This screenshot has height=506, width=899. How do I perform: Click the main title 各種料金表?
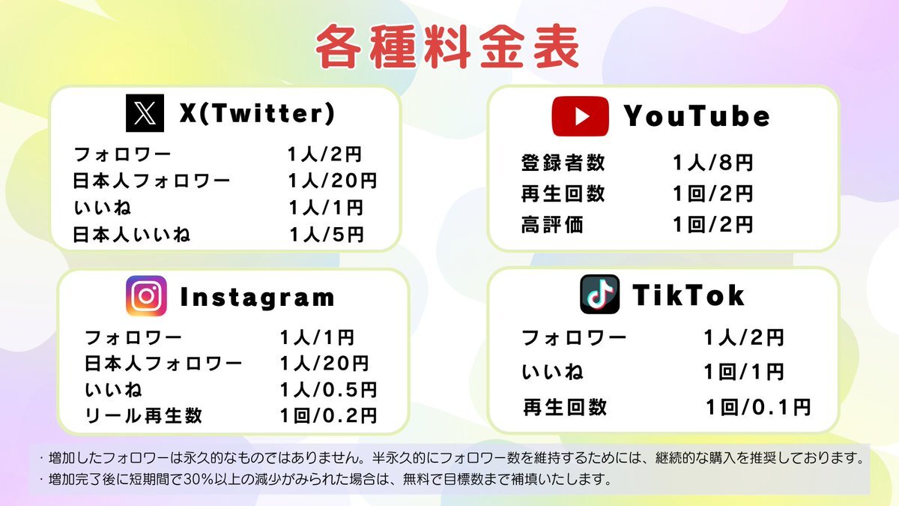pos(447,46)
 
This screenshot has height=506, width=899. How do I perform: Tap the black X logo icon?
pos(145,113)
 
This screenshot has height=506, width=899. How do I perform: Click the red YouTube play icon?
pos(581,116)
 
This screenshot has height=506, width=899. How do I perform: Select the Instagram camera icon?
pos(146,296)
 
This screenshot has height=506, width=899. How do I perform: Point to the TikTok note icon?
pos(599,295)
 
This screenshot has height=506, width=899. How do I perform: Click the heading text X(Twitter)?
pos(257,113)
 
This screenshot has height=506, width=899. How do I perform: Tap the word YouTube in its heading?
pos(697,116)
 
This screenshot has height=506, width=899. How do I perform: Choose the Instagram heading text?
pos(257,298)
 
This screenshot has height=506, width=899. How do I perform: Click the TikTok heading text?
pos(688,295)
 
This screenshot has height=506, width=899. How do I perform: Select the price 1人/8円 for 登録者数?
pos(712,163)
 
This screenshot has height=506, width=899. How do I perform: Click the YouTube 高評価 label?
pos(552,224)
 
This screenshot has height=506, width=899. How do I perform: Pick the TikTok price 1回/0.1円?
pos(758,407)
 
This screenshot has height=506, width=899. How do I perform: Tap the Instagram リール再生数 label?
pos(143,415)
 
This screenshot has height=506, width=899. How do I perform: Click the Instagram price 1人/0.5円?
pos(329,390)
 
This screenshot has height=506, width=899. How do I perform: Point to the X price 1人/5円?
pos(327,235)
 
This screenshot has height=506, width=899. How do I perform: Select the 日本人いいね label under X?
pos(131,235)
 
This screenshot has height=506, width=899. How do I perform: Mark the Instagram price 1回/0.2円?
pos(329,415)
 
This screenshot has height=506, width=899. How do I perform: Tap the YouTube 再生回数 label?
pos(563,193)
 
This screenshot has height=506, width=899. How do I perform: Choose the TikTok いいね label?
pos(552,372)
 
